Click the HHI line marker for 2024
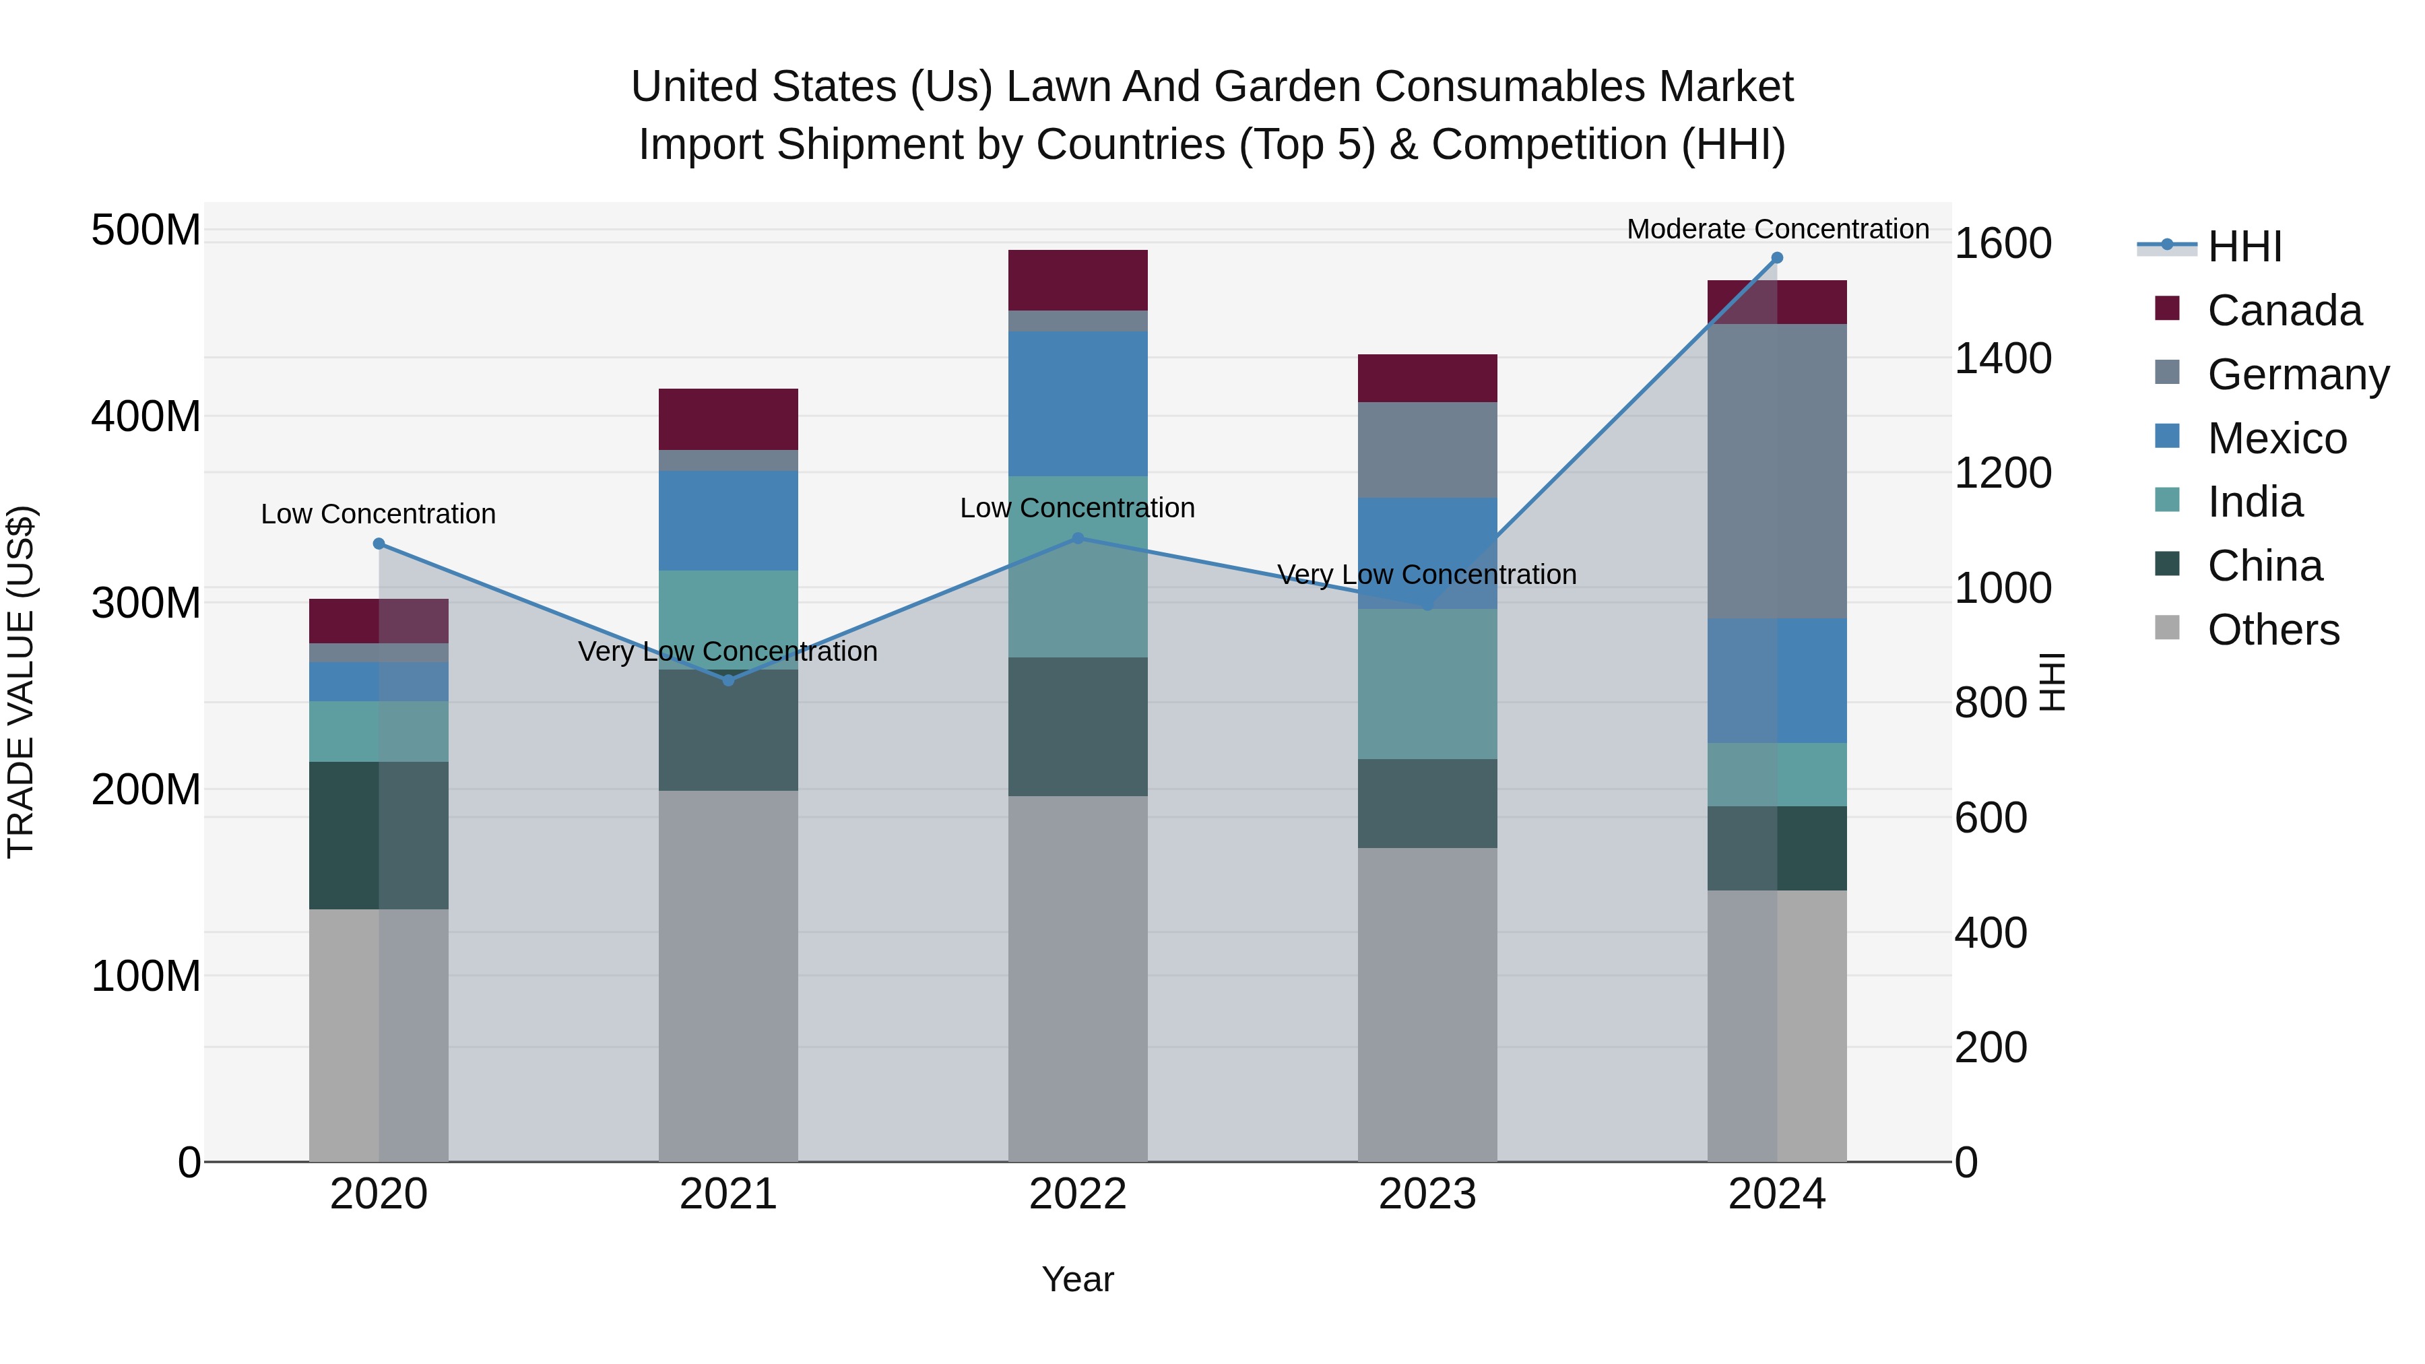1776,258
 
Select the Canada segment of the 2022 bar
1077,280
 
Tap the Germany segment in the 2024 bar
1776,471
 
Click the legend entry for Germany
2297,375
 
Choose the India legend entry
2254,502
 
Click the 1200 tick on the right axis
2003,473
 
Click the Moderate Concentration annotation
1776,229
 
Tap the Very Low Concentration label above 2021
727,651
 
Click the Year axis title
1077,1279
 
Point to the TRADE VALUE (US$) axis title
21,682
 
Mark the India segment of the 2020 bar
379,732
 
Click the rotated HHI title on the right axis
2053,682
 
